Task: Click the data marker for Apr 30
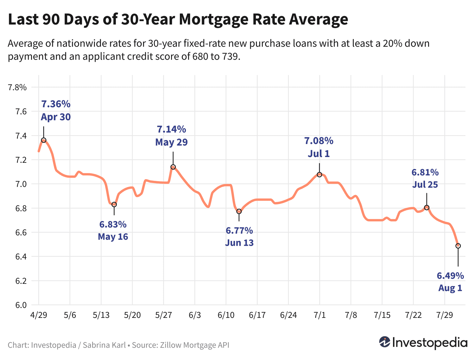pos(44,140)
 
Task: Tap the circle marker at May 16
pos(114,205)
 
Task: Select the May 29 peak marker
pos(173,167)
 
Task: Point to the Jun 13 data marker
pos(239,212)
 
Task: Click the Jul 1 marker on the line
pos(320,175)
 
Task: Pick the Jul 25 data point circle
pos(427,207)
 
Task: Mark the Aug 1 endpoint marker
pos(458,246)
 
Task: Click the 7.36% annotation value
pos(56,104)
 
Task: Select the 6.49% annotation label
pos(450,276)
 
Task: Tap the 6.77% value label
pos(239,230)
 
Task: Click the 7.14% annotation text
pos(171,129)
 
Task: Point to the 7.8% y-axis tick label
pos(17,87)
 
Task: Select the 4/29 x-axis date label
pos(38,315)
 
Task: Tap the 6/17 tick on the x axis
pos(257,315)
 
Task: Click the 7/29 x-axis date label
pos(445,315)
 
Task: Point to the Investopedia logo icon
pos(385,342)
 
